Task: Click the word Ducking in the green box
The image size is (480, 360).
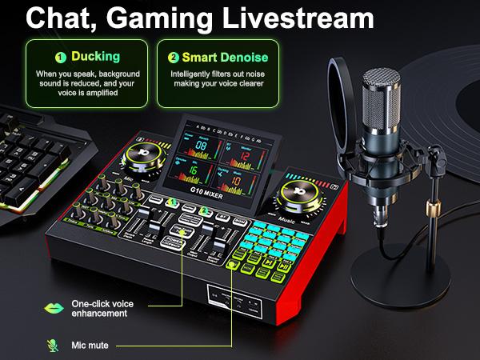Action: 96,57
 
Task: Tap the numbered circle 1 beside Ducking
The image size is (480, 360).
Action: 59,57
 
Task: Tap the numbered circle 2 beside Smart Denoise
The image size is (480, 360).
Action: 173,57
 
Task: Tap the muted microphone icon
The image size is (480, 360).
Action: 53,345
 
